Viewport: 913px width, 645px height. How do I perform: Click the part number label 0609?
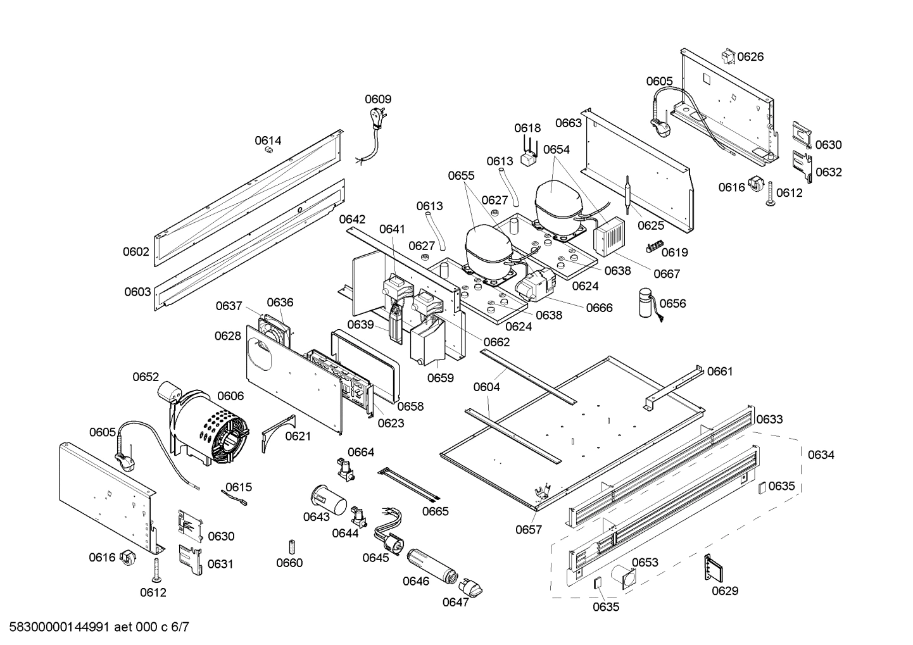pyautogui.click(x=377, y=99)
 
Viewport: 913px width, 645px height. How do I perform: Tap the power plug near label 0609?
pyautogui.click(x=377, y=118)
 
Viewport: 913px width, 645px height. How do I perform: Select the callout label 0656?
pyautogui.click(x=672, y=303)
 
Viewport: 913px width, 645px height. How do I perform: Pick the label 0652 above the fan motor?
pyautogui.click(x=146, y=377)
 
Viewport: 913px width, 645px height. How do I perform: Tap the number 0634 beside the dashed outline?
pyautogui.click(x=821, y=454)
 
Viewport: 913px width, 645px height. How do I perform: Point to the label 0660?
pyautogui.click(x=289, y=563)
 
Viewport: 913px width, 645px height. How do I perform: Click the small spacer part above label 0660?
pyautogui.click(x=291, y=546)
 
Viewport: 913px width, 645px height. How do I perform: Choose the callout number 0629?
pyautogui.click(x=724, y=591)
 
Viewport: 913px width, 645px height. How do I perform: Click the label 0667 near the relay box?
pyautogui.click(x=666, y=273)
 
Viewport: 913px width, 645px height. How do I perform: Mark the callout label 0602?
pyautogui.click(x=136, y=251)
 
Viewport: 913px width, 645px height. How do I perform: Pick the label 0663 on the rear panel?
pyautogui.click(x=568, y=123)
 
